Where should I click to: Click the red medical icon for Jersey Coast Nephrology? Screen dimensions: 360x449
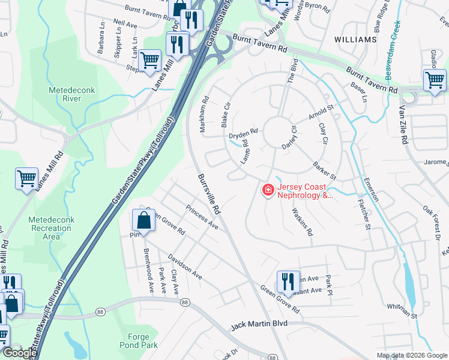[267, 191]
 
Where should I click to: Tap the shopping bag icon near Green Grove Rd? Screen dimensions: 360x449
[144, 221]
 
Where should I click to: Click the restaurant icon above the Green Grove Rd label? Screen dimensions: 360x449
[288, 282]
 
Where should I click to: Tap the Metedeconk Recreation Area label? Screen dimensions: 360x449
[52, 228]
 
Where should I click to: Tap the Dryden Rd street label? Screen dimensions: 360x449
[243, 133]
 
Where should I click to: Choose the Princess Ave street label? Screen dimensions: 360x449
[202, 217]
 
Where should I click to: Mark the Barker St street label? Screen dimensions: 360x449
[324, 170]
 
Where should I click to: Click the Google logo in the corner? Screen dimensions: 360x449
[20, 353]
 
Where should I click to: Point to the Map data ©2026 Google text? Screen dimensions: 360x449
[411, 355]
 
